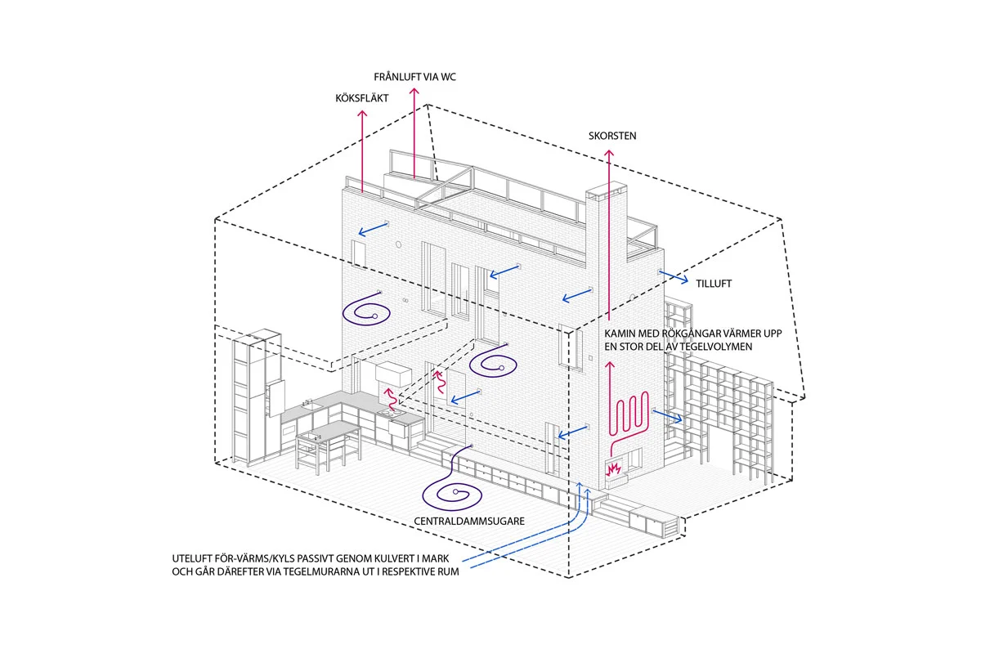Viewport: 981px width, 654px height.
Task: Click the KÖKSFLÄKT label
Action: pos(361,97)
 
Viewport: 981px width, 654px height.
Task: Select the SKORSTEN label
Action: pos(611,135)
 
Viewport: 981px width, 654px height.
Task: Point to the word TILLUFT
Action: pos(713,284)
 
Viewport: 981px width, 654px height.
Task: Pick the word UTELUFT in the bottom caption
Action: pos(194,558)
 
